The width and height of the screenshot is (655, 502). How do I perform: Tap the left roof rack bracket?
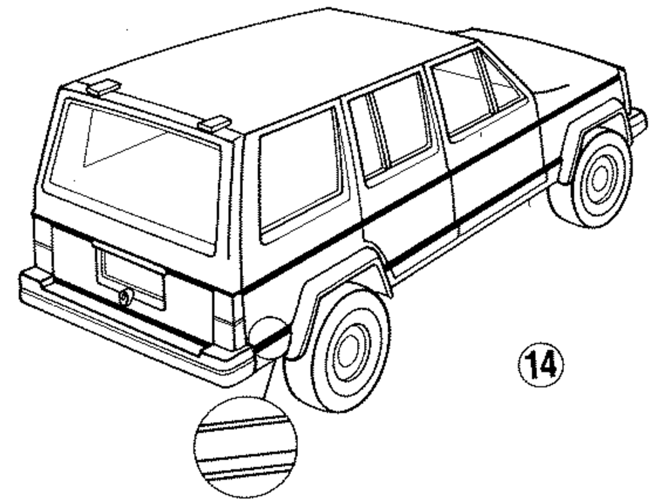tap(103, 87)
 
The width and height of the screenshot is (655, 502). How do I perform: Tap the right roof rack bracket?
tap(215, 123)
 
